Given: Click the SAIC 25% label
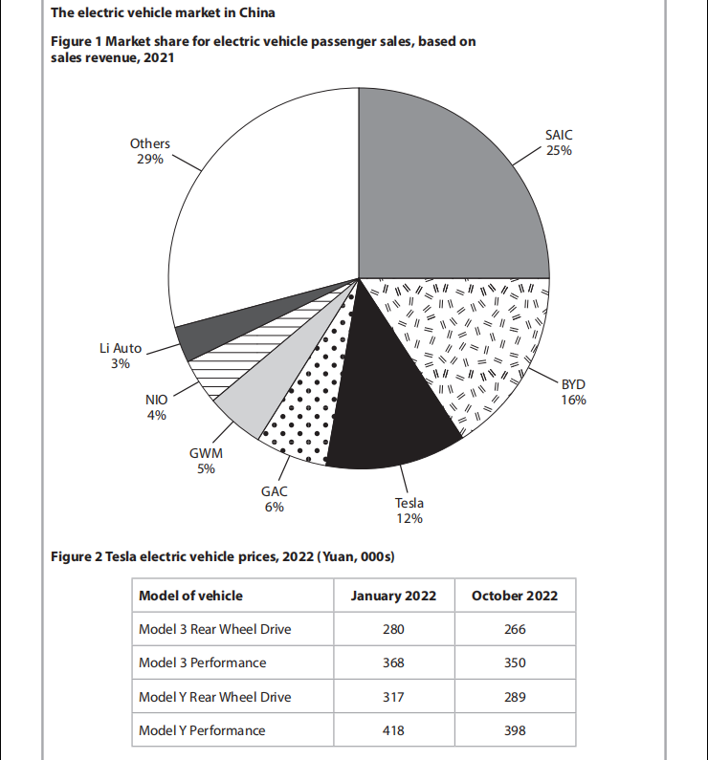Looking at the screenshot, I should coord(559,143).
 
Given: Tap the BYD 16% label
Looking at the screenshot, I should coord(573,392).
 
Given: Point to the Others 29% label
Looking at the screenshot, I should coord(150,151).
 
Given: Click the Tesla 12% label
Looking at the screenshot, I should coord(409,510).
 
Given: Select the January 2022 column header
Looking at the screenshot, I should coord(393,596).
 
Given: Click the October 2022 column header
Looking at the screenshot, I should coord(515,596).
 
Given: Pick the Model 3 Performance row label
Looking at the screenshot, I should coord(203,662).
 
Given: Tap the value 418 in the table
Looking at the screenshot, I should coord(393,730).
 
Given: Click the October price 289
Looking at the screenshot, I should coord(515,697).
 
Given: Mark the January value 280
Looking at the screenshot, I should coord(393,629).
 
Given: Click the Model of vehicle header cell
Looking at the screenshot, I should coord(191,596).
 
